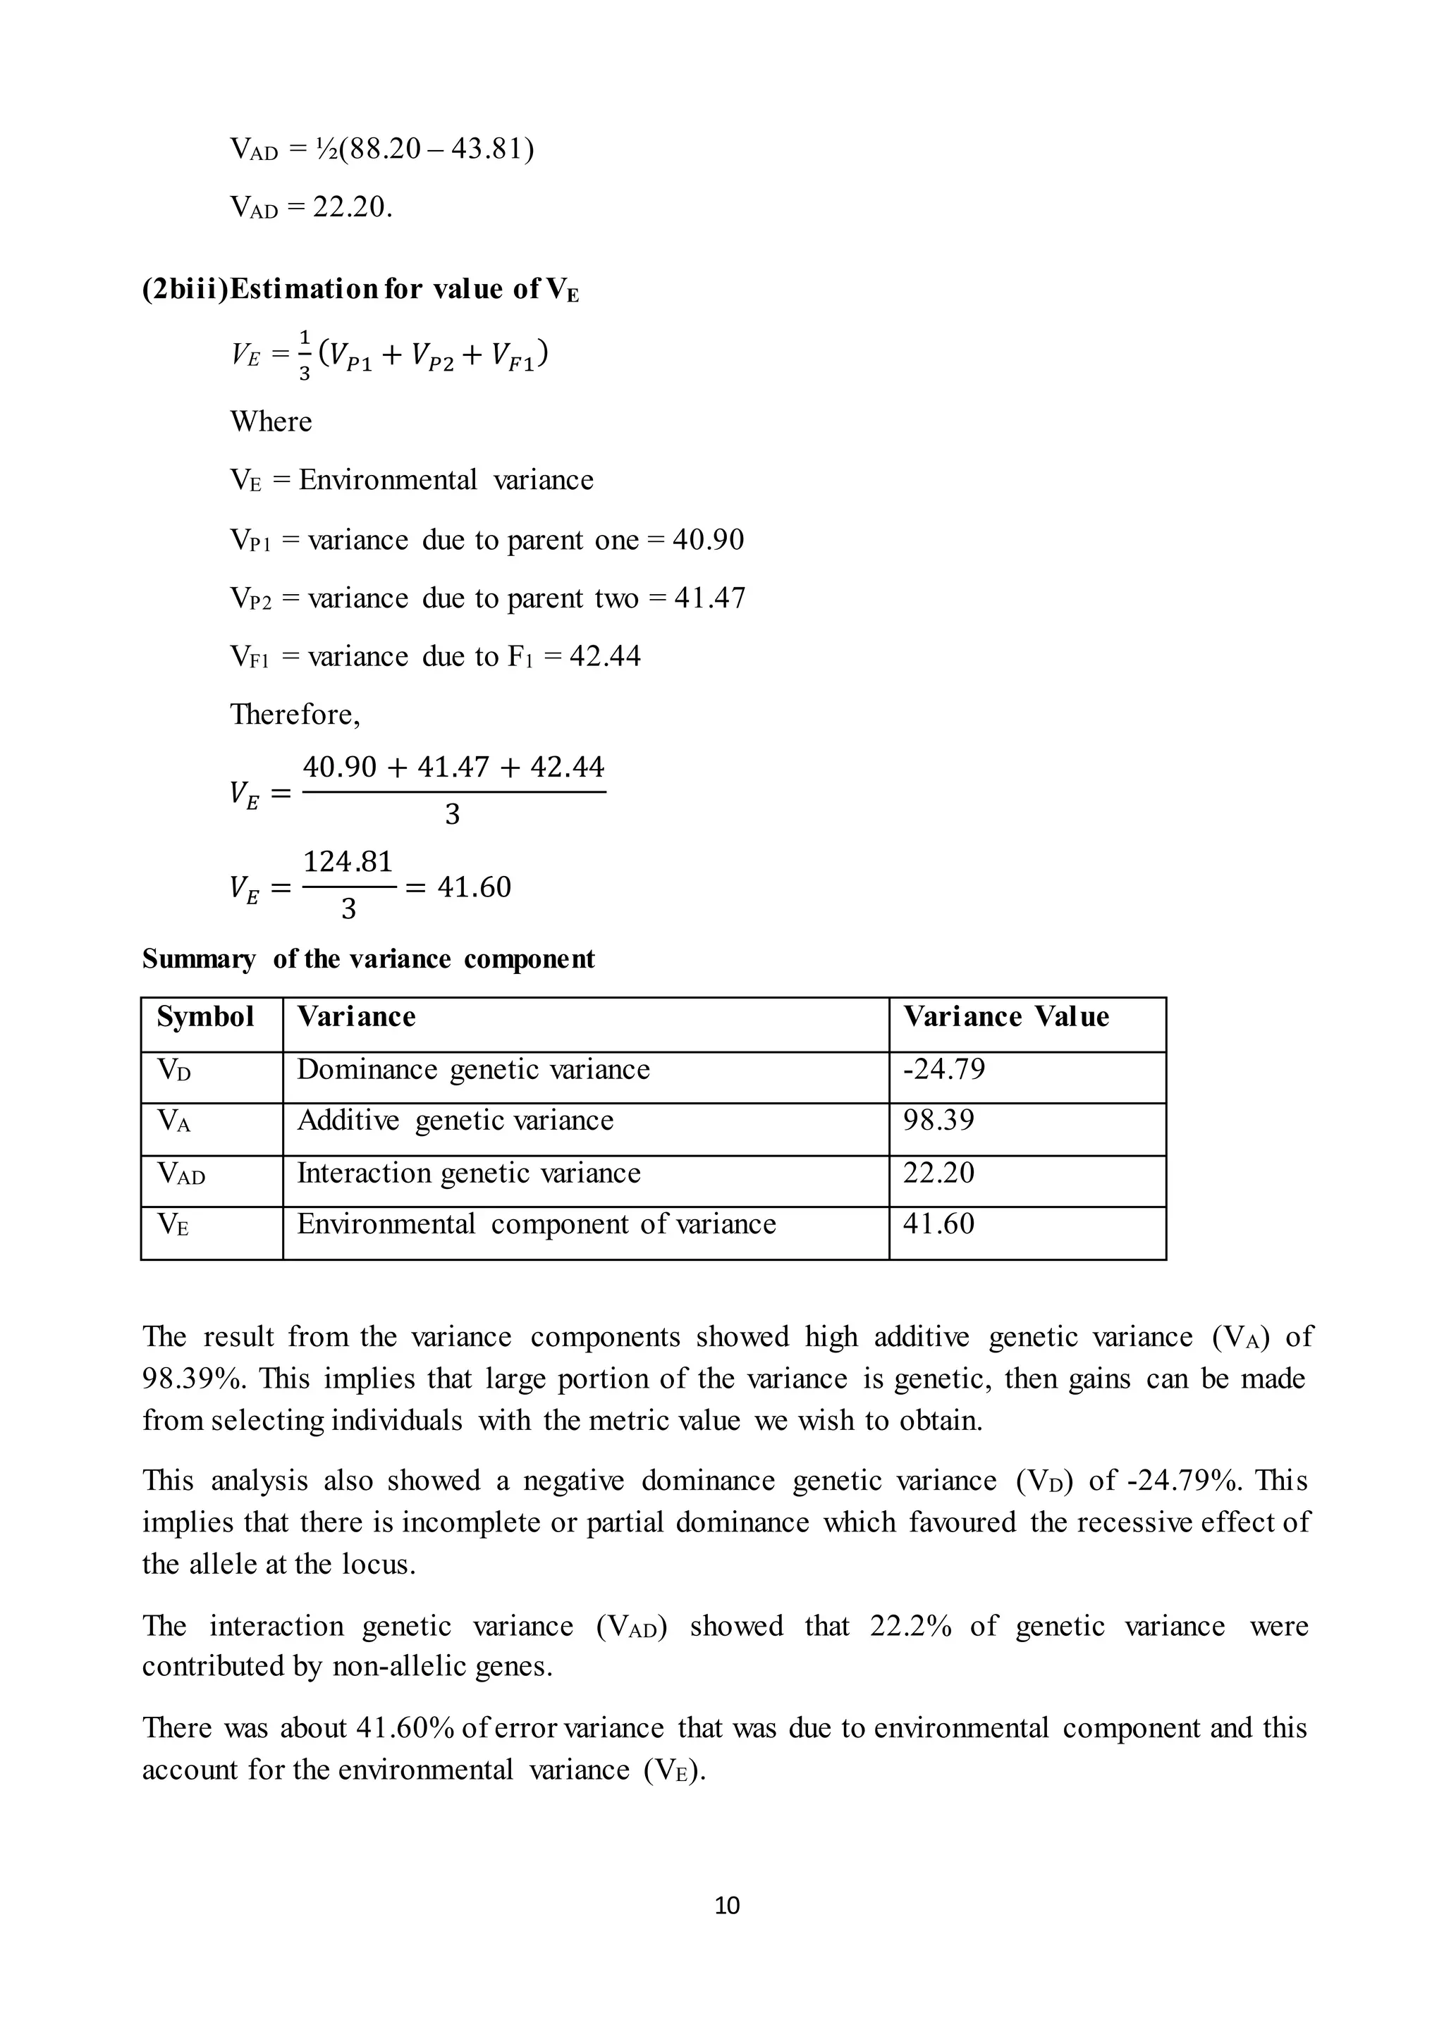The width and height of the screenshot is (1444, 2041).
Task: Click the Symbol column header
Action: point(205,1017)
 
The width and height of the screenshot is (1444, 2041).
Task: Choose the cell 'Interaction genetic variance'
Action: point(469,1173)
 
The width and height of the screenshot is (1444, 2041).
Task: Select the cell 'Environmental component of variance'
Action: point(536,1224)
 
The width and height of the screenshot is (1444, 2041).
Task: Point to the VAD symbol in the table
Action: point(181,1174)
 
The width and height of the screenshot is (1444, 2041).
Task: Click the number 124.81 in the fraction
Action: point(348,861)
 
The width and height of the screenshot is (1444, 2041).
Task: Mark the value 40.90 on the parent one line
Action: point(708,541)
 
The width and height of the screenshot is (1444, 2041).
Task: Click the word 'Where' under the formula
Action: point(271,421)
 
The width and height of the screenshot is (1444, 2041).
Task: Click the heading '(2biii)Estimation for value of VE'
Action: point(360,290)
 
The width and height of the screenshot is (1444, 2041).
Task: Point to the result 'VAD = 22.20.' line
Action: point(310,208)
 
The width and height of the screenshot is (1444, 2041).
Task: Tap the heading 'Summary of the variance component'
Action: point(368,959)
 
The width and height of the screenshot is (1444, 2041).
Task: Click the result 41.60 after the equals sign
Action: point(474,887)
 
